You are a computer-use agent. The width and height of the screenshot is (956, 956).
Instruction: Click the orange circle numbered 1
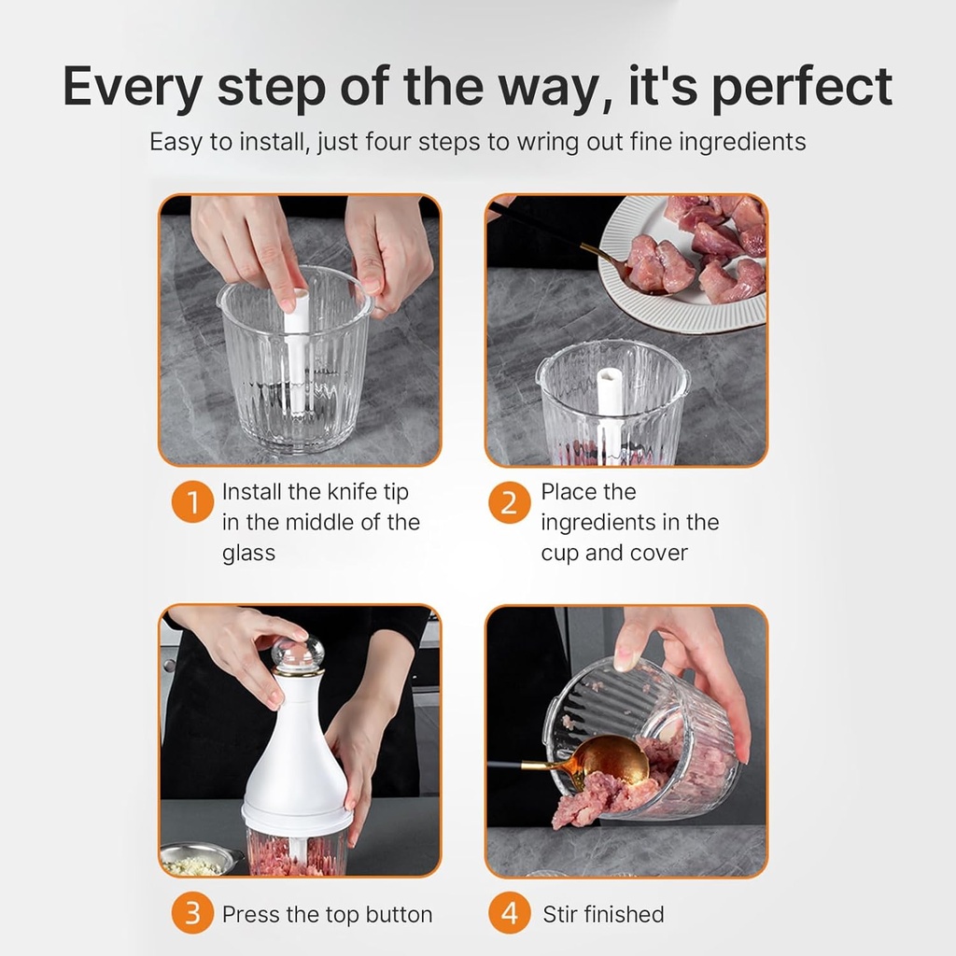[192, 503]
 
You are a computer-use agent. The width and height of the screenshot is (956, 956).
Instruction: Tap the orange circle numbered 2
[510, 503]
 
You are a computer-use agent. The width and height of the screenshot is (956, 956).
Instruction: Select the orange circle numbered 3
[192, 913]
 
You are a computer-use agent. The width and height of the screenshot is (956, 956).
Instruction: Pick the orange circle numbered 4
[510, 913]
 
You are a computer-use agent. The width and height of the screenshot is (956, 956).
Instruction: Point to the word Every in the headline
[133, 87]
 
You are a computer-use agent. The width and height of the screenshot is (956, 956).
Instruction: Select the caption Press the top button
[327, 914]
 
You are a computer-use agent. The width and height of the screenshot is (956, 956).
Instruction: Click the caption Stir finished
[603, 914]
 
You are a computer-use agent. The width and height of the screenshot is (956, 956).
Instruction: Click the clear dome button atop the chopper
[298, 654]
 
